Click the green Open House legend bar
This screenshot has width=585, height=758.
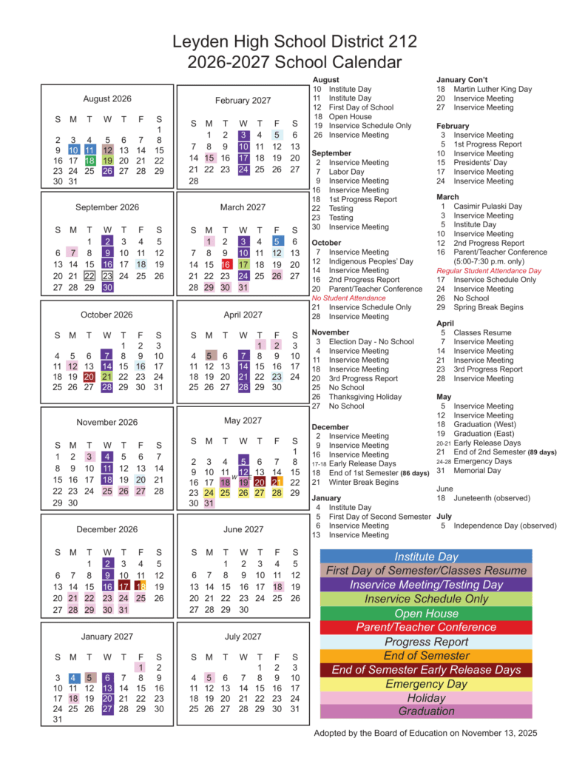tap(426, 614)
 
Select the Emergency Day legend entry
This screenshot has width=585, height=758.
tap(426, 684)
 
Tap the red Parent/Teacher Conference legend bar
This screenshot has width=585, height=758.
tap(426, 628)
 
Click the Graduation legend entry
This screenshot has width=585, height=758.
tap(426, 711)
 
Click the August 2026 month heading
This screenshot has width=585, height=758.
tap(107, 98)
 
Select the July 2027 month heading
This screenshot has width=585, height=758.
tap(243, 636)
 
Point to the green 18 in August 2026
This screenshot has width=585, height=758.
tap(90, 161)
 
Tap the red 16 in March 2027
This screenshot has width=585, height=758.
tap(226, 264)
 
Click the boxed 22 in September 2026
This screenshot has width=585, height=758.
tap(90, 275)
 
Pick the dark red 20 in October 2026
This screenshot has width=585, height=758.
tap(90, 376)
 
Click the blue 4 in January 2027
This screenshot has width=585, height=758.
tap(73, 677)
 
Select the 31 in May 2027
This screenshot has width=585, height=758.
tap(209, 503)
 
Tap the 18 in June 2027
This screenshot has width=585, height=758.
tap(277, 586)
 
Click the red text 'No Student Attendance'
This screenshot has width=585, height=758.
tap(348, 298)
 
